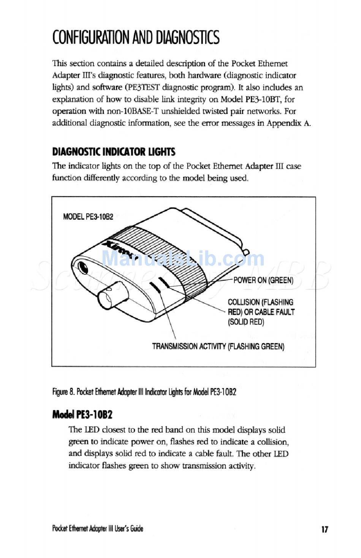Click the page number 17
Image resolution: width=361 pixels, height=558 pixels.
[x=325, y=529]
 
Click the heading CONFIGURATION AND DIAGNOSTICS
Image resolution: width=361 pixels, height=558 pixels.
[x=136, y=38]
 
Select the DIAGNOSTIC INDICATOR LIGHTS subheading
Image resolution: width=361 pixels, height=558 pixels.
[x=114, y=152]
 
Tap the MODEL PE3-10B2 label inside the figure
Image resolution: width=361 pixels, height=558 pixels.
[x=88, y=217]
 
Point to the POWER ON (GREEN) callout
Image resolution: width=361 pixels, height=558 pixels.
[x=263, y=280]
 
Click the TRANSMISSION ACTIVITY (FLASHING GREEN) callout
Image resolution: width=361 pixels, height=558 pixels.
[x=218, y=346]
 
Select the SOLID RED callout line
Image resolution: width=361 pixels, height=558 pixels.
[x=246, y=322]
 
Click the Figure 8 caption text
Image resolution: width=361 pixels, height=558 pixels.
[x=144, y=392]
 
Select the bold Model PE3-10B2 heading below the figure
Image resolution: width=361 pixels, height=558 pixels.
[x=82, y=414]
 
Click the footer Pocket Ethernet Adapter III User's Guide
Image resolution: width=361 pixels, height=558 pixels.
[x=98, y=528]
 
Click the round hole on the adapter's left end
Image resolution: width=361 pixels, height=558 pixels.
[x=82, y=267]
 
